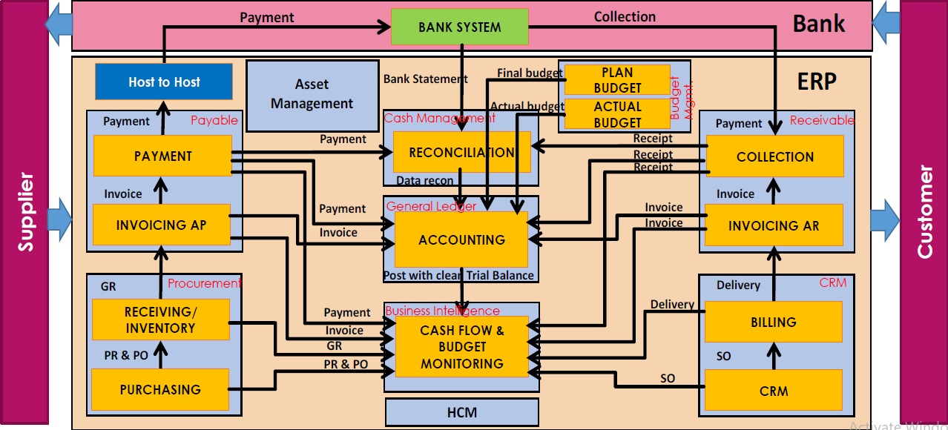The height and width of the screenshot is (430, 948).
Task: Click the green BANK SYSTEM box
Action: (460, 27)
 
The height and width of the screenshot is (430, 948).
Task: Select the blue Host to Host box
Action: (164, 82)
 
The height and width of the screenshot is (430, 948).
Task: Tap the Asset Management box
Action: (312, 94)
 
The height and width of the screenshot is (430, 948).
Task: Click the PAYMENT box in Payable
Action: (163, 156)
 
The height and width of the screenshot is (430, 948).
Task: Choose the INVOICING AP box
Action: (162, 225)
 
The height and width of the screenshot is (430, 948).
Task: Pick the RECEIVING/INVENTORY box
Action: (161, 320)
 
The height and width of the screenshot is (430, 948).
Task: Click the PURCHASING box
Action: (160, 389)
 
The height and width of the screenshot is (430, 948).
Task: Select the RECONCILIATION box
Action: (461, 152)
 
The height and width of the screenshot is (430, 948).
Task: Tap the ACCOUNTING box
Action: (461, 239)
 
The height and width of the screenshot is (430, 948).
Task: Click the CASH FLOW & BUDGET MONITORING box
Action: (461, 346)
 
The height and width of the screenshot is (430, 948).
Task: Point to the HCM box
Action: (461, 412)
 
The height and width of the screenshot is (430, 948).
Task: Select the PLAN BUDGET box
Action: (617, 80)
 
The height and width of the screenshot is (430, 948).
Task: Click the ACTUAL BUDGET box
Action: (617, 115)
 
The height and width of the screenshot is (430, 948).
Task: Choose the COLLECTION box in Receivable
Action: (775, 156)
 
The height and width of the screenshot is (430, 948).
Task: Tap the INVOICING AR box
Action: (774, 225)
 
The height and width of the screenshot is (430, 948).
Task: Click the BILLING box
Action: (774, 322)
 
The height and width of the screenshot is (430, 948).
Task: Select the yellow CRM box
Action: (774, 391)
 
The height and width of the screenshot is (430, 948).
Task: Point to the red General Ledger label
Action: (431, 206)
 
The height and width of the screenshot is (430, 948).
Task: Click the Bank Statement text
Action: (425, 79)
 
